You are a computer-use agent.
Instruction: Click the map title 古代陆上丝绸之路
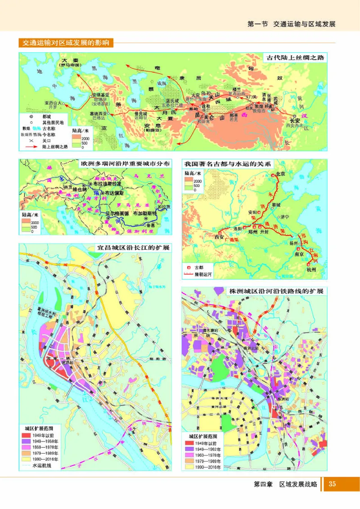[x=295, y=58]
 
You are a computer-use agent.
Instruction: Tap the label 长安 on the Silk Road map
[x=295, y=120]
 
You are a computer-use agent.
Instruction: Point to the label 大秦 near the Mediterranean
[x=70, y=60]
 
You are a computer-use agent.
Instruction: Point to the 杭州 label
[x=311, y=269]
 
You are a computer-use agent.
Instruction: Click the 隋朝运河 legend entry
[x=202, y=273]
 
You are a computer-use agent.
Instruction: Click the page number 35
[x=333, y=484]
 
